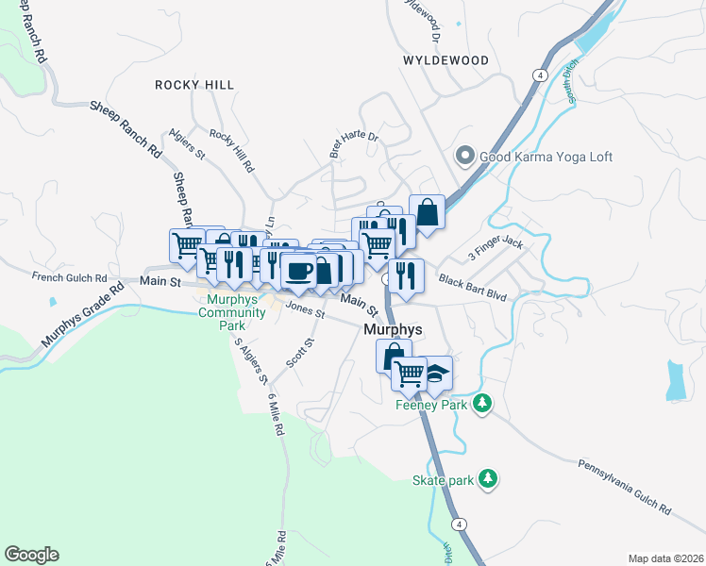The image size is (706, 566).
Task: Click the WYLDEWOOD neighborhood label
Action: tap(445, 60)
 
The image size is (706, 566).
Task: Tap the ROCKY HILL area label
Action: tap(194, 85)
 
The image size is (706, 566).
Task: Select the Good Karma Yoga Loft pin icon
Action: tap(464, 157)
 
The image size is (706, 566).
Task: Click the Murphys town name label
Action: tap(393, 329)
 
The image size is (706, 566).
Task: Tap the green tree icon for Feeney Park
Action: tap(482, 404)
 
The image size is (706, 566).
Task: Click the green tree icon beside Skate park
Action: tap(488, 480)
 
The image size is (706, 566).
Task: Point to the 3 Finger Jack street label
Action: tap(496, 250)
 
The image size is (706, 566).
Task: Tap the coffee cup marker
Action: tap(299, 270)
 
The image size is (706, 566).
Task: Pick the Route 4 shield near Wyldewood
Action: tap(538, 74)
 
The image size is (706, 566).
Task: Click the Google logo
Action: tap(31, 555)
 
